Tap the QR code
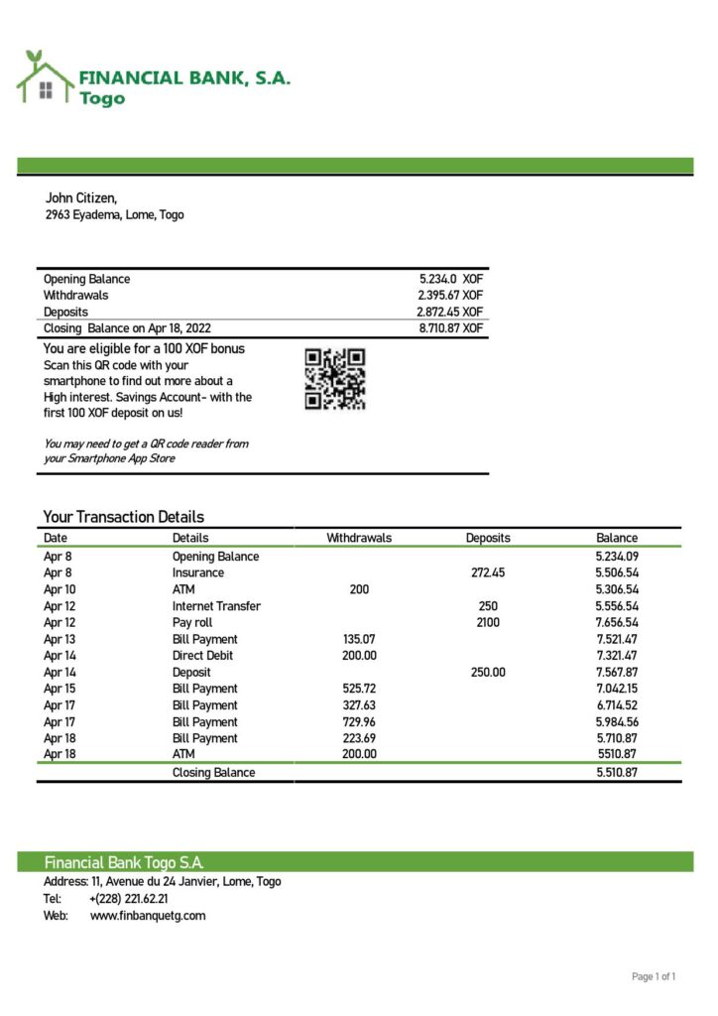click(x=334, y=378)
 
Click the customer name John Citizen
click(x=81, y=198)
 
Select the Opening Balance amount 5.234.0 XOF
click(x=450, y=279)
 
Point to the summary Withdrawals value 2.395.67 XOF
click(x=450, y=295)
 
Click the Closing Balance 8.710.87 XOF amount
click(x=450, y=327)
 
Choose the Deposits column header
click(x=488, y=538)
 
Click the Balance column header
click(x=617, y=538)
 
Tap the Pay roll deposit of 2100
click(x=488, y=622)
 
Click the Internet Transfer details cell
click(x=216, y=606)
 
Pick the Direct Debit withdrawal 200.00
click(x=359, y=656)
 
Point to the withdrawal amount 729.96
click(x=359, y=722)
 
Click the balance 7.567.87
click(x=617, y=672)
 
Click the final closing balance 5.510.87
click(x=617, y=772)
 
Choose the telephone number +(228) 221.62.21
click(x=129, y=899)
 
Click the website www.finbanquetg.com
click(x=148, y=916)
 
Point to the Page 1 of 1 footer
click(x=654, y=977)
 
